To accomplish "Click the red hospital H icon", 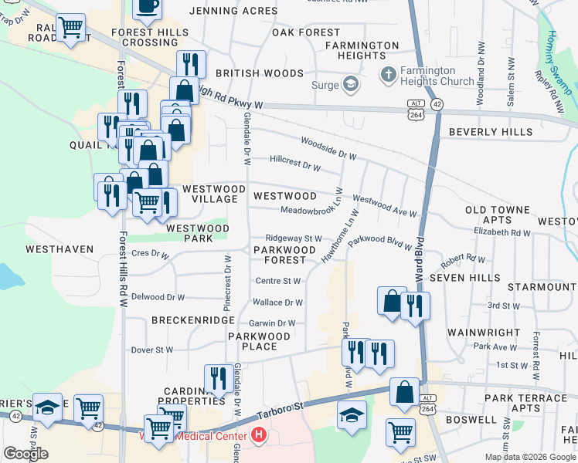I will click(259, 436).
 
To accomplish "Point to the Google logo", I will click(25, 454).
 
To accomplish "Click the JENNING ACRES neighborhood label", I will click(233, 11).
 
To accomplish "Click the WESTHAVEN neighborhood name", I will click(59, 250).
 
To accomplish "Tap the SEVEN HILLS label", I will click(464, 278).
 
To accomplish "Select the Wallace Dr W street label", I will click(278, 303).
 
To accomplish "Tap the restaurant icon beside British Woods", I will click(190, 63).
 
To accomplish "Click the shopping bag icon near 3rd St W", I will click(391, 300).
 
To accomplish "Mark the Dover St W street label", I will click(153, 350).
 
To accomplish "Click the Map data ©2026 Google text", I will click(530, 457).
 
